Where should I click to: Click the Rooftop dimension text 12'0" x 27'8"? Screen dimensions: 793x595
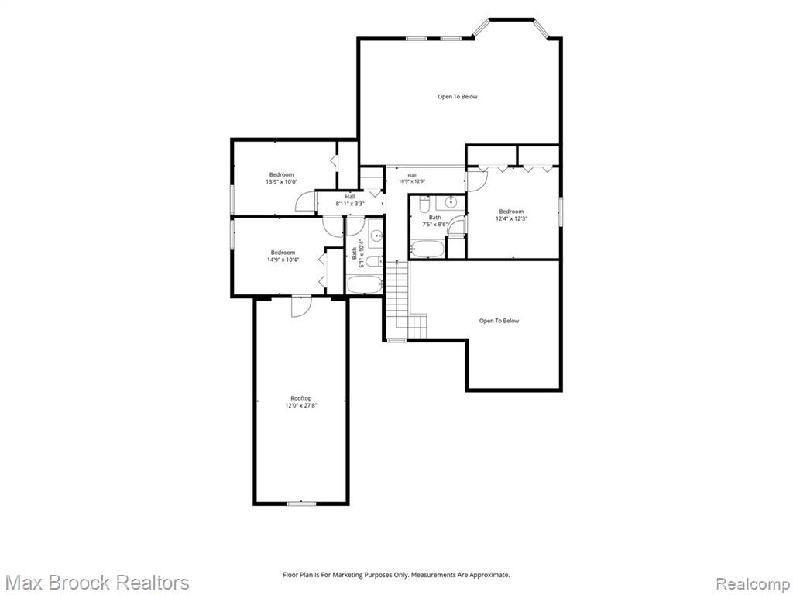tap(301, 405)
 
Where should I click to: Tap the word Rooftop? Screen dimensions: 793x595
tap(301, 398)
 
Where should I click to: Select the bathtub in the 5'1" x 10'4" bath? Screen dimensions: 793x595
tap(365, 284)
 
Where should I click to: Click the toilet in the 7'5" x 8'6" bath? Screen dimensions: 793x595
tap(425, 204)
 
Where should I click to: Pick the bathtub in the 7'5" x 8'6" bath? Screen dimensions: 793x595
tap(427, 249)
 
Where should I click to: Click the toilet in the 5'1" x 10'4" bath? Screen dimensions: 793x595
tap(375, 261)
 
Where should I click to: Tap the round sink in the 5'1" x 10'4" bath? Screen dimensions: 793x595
tap(376, 236)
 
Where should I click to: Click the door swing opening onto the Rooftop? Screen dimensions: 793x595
tap(301, 306)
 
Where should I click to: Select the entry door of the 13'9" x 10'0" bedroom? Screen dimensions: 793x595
tap(305, 201)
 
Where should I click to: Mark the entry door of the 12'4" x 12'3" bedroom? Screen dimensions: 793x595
tap(476, 181)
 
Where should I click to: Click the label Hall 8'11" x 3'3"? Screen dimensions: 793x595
tap(350, 201)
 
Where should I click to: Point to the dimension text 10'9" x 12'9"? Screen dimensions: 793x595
tap(412, 181)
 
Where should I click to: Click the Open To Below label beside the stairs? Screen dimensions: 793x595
tap(499, 321)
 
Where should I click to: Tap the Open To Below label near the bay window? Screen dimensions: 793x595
tap(457, 97)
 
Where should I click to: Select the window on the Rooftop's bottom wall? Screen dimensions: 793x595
tap(301, 504)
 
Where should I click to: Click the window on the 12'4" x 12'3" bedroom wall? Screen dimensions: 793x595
tap(561, 211)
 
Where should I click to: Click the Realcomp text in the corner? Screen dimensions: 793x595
tap(754, 583)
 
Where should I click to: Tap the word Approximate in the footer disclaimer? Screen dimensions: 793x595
tap(489, 575)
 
